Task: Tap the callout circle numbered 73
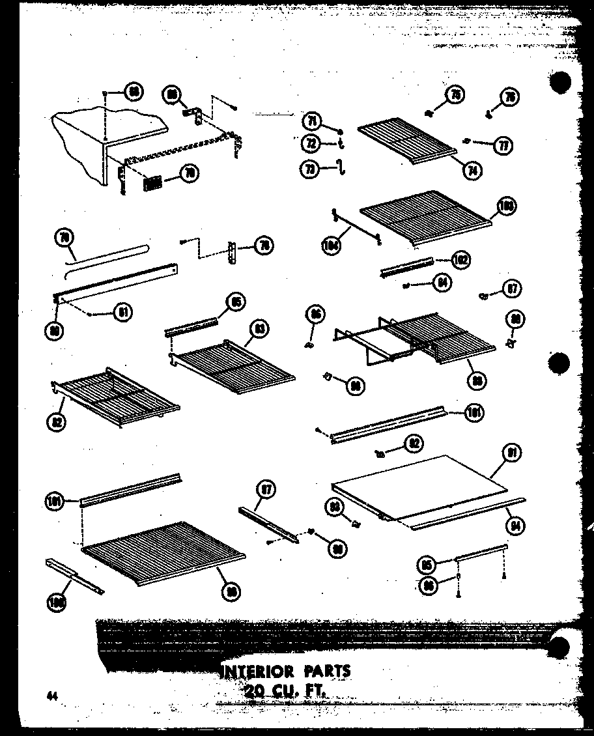310,168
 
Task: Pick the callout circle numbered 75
455,96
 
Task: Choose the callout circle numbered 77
503,145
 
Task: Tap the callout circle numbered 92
413,444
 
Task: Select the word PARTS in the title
327,671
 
